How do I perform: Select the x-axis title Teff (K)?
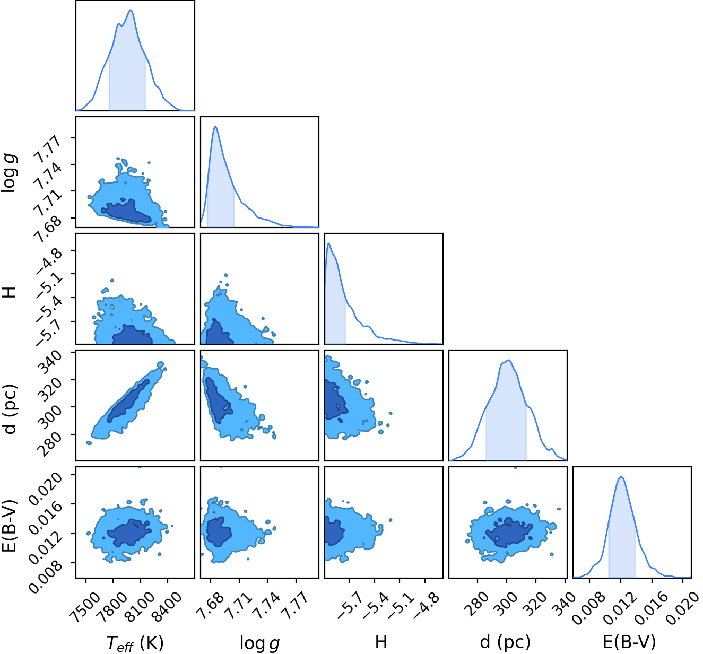(x=135, y=643)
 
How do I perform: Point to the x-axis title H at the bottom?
(x=381, y=641)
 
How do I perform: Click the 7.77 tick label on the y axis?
(x=47, y=151)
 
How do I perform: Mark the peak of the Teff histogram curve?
(x=131, y=10)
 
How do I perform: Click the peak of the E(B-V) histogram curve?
(x=621, y=477)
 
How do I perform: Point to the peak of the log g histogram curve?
(x=215, y=127)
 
